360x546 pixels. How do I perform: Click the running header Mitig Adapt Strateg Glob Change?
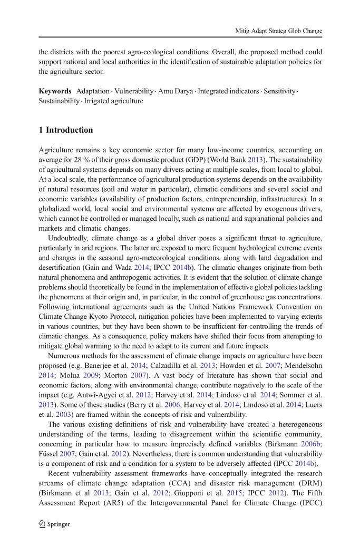click(x=278, y=31)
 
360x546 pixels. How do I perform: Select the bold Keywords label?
click(x=55, y=91)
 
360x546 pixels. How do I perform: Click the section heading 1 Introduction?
click(x=66, y=130)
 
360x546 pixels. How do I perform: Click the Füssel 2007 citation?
click(x=56, y=454)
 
